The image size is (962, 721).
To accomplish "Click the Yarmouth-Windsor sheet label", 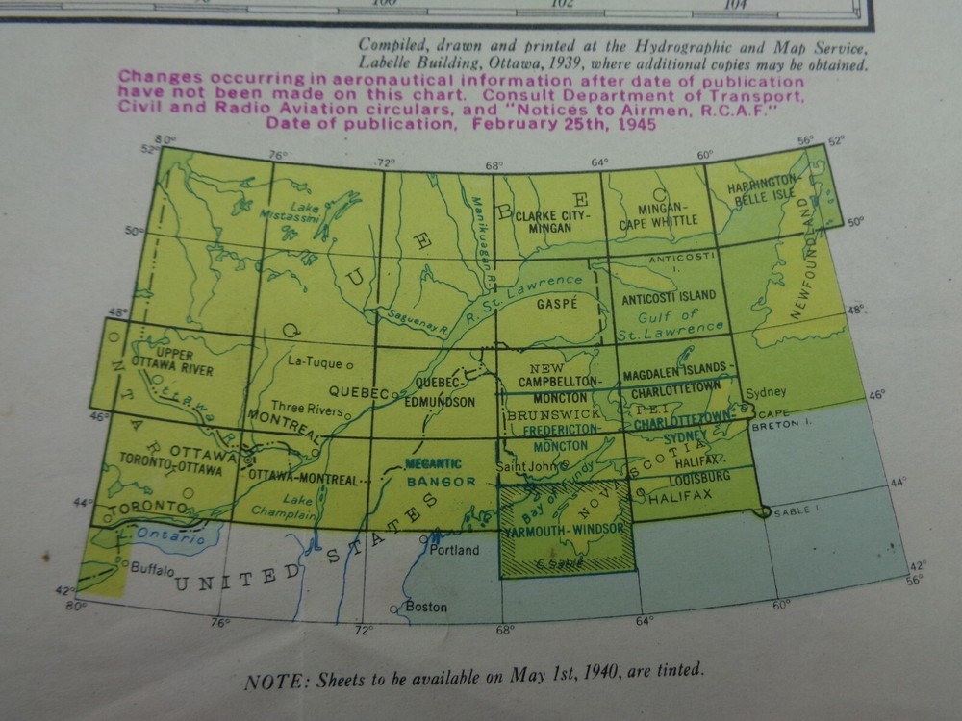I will (x=565, y=531).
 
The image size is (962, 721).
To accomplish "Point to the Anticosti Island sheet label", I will (x=670, y=296).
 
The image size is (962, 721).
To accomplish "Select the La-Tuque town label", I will (x=316, y=362).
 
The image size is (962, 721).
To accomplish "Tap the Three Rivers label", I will (x=307, y=408).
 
